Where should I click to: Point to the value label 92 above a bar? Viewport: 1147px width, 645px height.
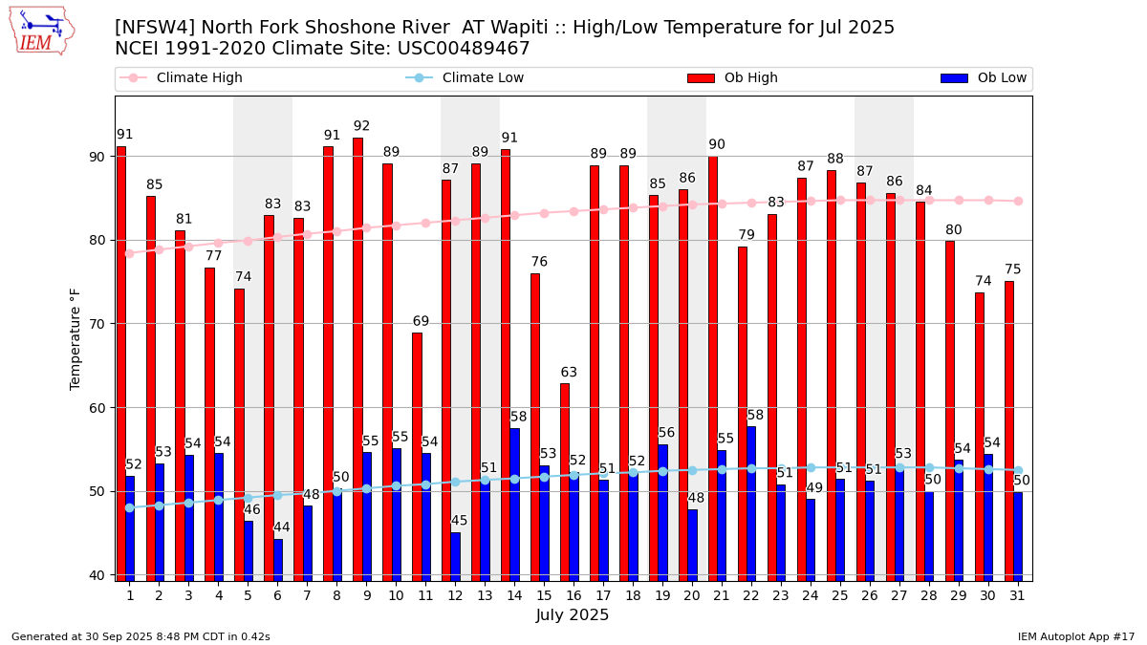point(361,126)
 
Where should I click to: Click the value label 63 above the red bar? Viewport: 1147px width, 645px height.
point(569,373)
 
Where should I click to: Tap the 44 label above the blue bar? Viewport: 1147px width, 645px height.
point(282,527)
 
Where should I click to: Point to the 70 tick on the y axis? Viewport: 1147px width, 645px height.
point(99,324)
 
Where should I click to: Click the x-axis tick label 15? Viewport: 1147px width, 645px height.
point(544,595)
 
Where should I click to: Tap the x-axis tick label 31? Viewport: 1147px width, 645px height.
point(1017,595)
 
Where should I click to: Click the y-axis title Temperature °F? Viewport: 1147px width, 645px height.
point(76,338)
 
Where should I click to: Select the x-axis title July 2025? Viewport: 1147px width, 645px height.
point(573,615)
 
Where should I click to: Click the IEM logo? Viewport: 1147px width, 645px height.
point(42,31)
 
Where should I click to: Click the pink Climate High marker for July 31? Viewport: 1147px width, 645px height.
point(1018,201)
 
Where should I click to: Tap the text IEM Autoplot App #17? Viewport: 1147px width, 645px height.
point(1076,636)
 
